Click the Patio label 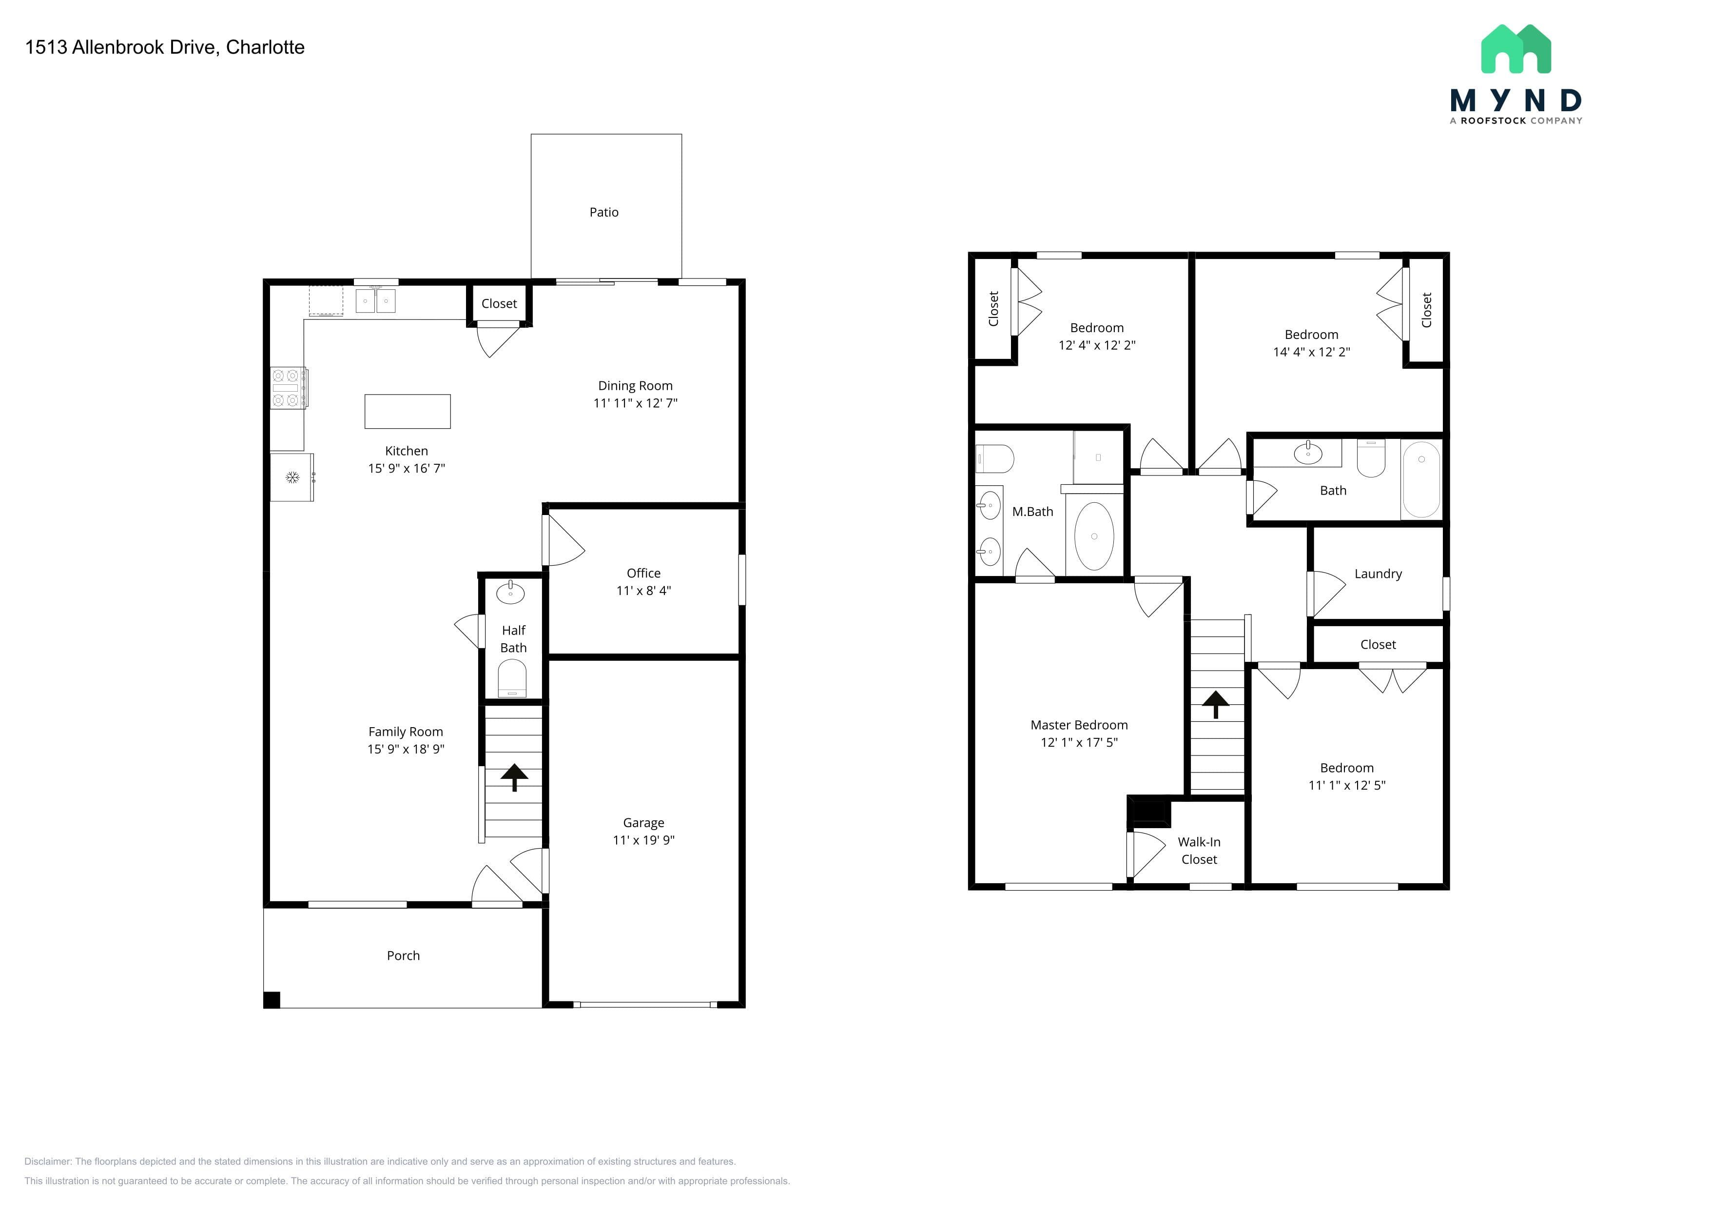coord(604,212)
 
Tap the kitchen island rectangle coord(408,411)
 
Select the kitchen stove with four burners coord(288,387)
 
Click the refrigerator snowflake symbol coord(292,477)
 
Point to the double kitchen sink coord(375,300)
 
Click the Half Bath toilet coord(512,678)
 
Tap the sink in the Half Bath coord(510,593)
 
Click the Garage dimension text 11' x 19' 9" coord(643,840)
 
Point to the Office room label coord(643,573)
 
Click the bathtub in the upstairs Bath coord(1421,479)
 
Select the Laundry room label coord(1378,574)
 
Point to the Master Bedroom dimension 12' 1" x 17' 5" coord(1079,742)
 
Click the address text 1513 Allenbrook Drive coord(121,47)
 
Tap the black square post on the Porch coord(272,1000)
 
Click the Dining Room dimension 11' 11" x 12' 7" coord(635,403)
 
